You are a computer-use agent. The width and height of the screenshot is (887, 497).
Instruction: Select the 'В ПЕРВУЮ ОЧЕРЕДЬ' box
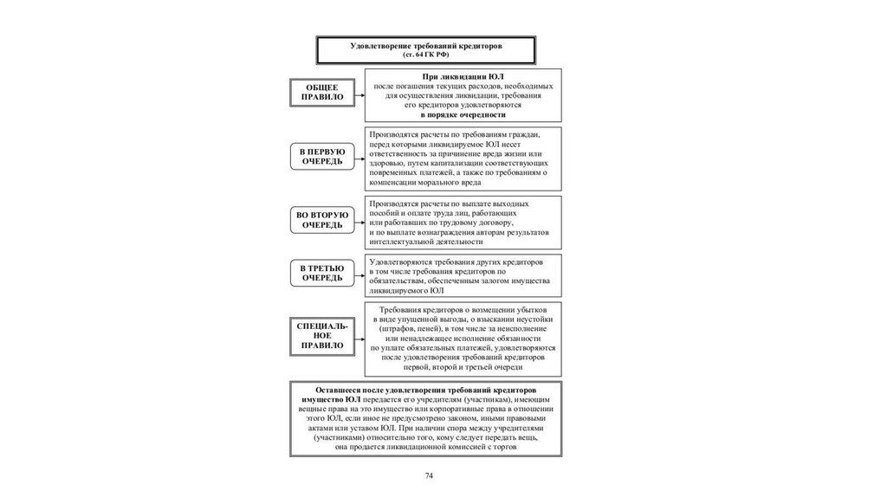pos(322,157)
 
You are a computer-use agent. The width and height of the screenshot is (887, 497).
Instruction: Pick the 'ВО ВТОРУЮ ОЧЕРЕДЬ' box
pos(322,220)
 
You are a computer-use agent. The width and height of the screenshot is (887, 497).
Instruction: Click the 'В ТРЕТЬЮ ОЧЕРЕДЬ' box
pos(322,274)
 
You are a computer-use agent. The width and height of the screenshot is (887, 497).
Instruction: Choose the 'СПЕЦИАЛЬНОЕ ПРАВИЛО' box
pos(322,335)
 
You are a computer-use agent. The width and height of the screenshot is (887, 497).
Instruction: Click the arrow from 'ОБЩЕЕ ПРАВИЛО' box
pos(359,93)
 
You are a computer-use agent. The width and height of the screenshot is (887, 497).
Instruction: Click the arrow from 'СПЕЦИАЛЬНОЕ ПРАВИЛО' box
pos(359,335)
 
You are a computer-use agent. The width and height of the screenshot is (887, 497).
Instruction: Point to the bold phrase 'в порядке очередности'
pos(463,115)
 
